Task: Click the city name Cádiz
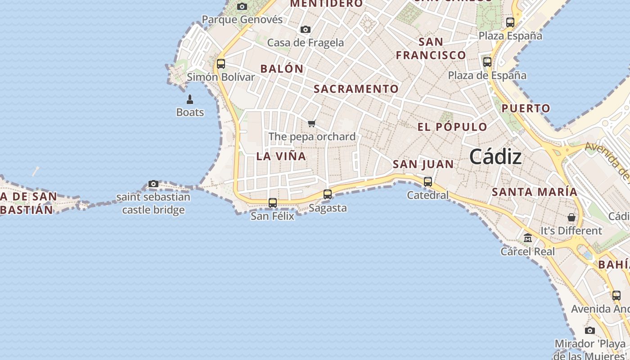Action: (495, 157)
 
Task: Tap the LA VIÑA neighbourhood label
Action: (281, 157)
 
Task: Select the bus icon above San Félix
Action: (273, 203)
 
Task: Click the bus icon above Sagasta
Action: (328, 194)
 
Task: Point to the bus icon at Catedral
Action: (428, 182)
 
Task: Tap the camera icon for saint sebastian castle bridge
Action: (153, 184)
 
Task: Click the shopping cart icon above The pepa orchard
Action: (312, 123)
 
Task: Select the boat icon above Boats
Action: (190, 99)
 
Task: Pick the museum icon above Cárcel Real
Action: (528, 238)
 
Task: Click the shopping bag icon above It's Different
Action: (571, 217)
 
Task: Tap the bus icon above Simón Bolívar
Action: (221, 64)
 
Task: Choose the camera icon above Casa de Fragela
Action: (306, 30)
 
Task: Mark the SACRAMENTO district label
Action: (356, 89)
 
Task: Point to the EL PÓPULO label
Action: (452, 127)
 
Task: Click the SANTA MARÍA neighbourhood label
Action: (534, 192)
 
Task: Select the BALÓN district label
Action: (282, 69)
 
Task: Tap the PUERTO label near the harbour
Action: (526, 108)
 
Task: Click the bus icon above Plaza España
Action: (510, 22)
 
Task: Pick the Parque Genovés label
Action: (242, 19)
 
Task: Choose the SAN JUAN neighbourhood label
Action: (423, 164)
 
